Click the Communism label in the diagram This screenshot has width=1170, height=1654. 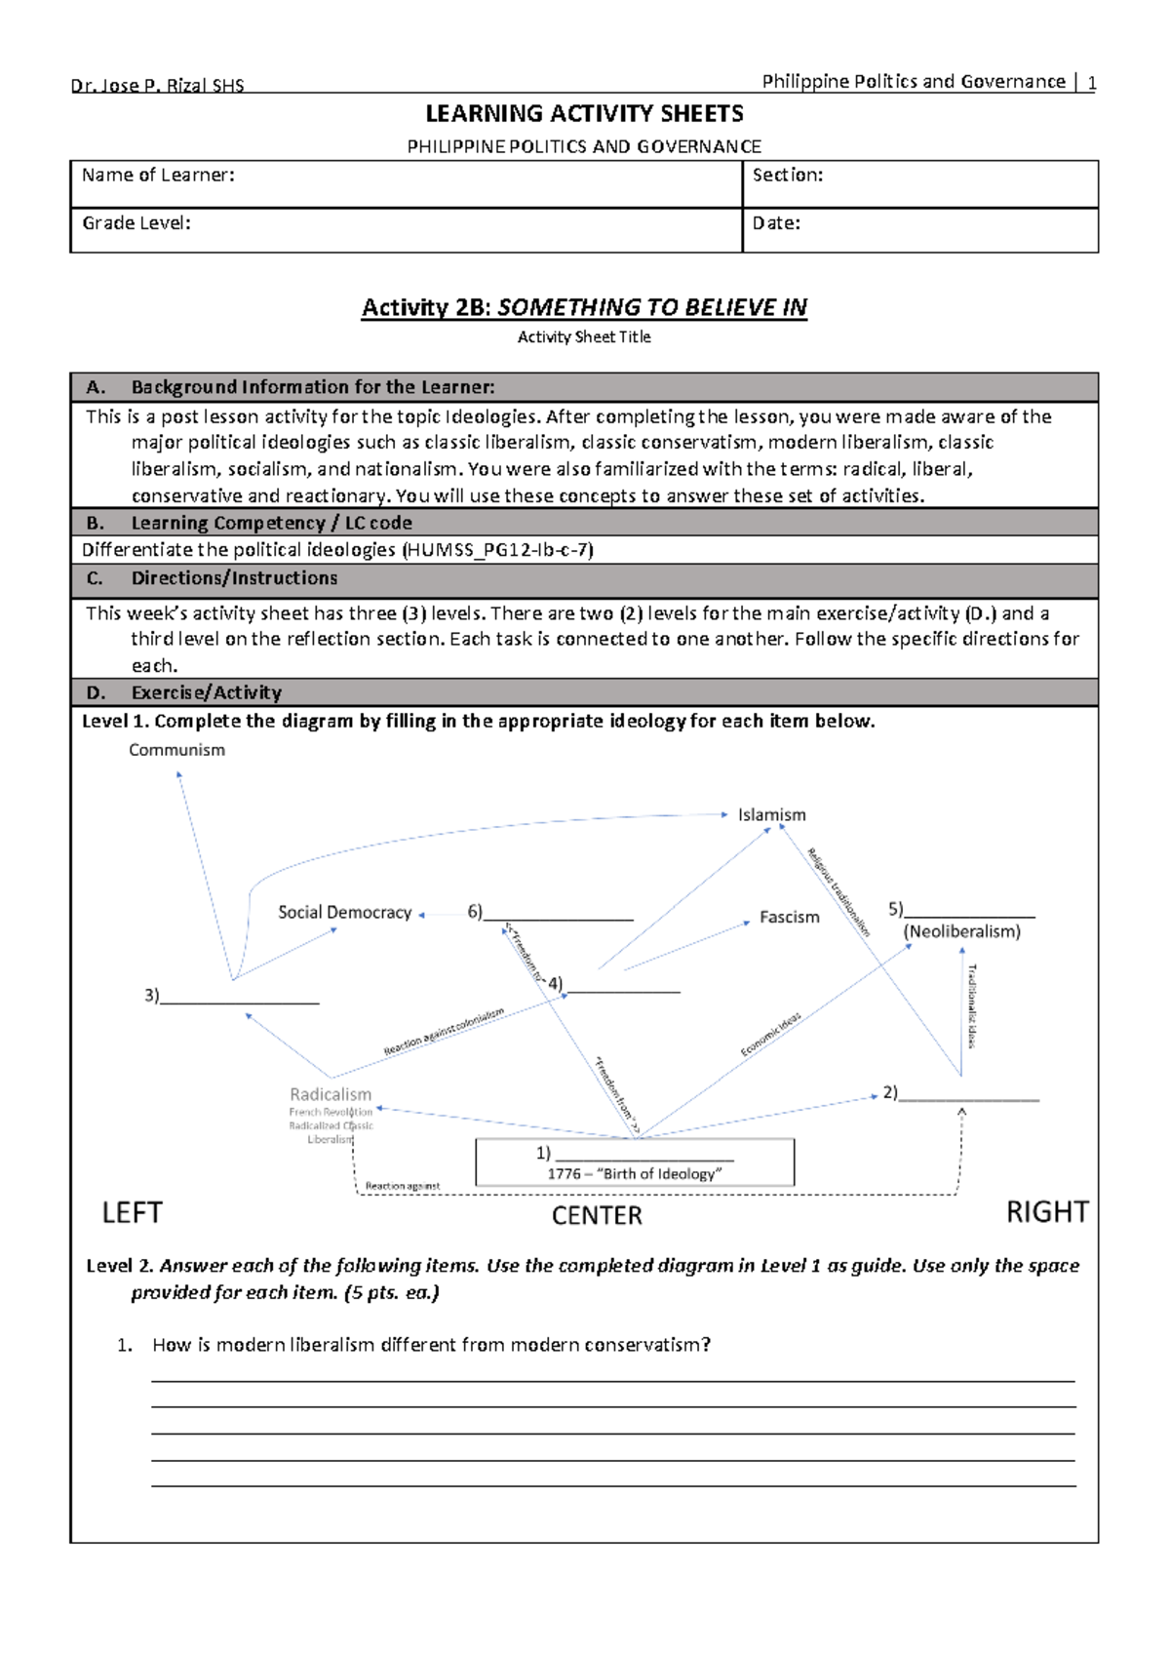(176, 750)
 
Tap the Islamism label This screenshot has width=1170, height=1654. (771, 814)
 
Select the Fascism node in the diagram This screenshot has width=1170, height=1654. (789, 917)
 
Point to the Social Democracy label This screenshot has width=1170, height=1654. (344, 912)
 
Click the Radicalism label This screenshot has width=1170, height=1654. (331, 1094)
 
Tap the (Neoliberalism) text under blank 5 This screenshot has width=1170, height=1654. (961, 931)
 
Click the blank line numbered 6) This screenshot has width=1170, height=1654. (558, 917)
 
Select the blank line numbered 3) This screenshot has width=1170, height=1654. (239, 1001)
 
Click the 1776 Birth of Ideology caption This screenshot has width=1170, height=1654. (634, 1173)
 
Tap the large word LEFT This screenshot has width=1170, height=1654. (132, 1212)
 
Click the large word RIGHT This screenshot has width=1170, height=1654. (1046, 1211)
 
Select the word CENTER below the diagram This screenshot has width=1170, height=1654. (597, 1215)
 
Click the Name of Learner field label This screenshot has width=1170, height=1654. (158, 175)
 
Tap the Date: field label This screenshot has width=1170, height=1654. (776, 222)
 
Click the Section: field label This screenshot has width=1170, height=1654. (788, 175)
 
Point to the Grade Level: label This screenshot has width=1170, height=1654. (136, 222)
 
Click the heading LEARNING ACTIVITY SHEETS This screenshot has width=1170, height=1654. (584, 114)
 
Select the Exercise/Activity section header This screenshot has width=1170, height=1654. (206, 692)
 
